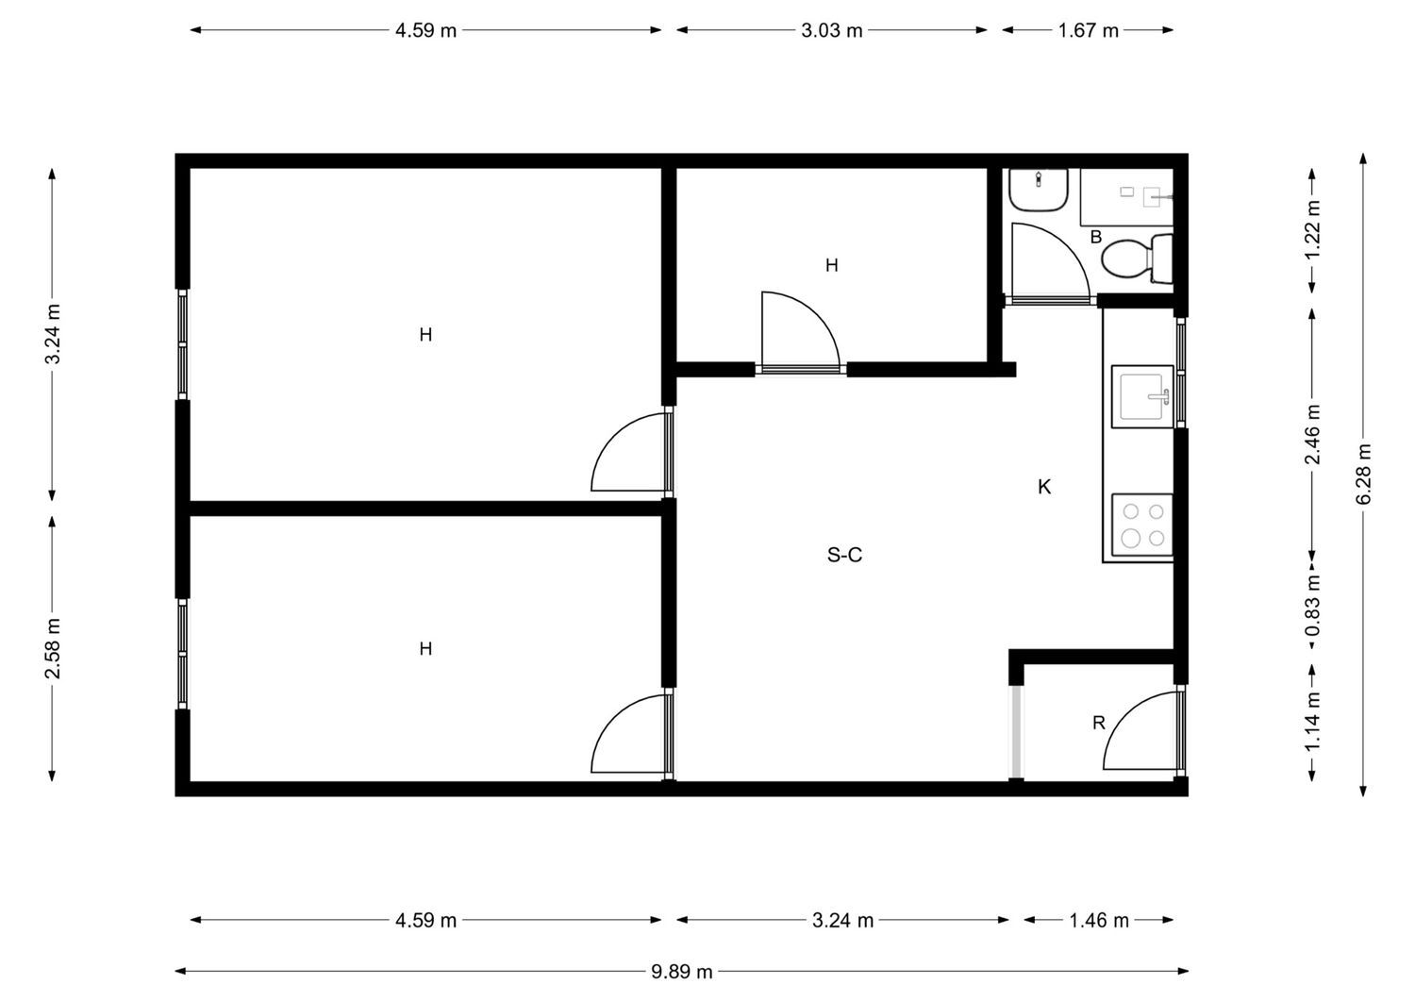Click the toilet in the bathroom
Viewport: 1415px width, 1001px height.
[x=1137, y=259]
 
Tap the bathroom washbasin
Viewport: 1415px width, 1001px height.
[x=1039, y=190]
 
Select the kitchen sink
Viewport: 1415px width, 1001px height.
[x=1142, y=396]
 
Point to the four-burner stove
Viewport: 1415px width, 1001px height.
[x=1142, y=525]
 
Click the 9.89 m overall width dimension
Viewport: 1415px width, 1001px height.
[x=682, y=972]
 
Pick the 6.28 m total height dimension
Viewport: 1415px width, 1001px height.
[x=1363, y=474]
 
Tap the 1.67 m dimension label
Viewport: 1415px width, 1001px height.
[x=1088, y=30]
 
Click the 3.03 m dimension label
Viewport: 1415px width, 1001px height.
[x=831, y=30]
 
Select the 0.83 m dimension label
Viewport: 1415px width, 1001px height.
[x=1313, y=606]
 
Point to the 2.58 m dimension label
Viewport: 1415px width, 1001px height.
[x=53, y=648]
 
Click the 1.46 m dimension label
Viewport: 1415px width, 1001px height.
[x=1099, y=920]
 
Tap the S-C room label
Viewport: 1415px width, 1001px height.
[x=844, y=555]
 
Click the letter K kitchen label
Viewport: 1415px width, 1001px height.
[x=1044, y=487]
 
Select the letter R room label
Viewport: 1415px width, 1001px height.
[x=1099, y=723]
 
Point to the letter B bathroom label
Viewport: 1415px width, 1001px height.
[x=1096, y=237]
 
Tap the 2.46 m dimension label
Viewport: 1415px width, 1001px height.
[x=1313, y=434]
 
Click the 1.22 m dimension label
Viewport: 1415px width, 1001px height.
[x=1313, y=230]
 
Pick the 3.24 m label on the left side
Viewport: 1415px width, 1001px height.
[x=53, y=334]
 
